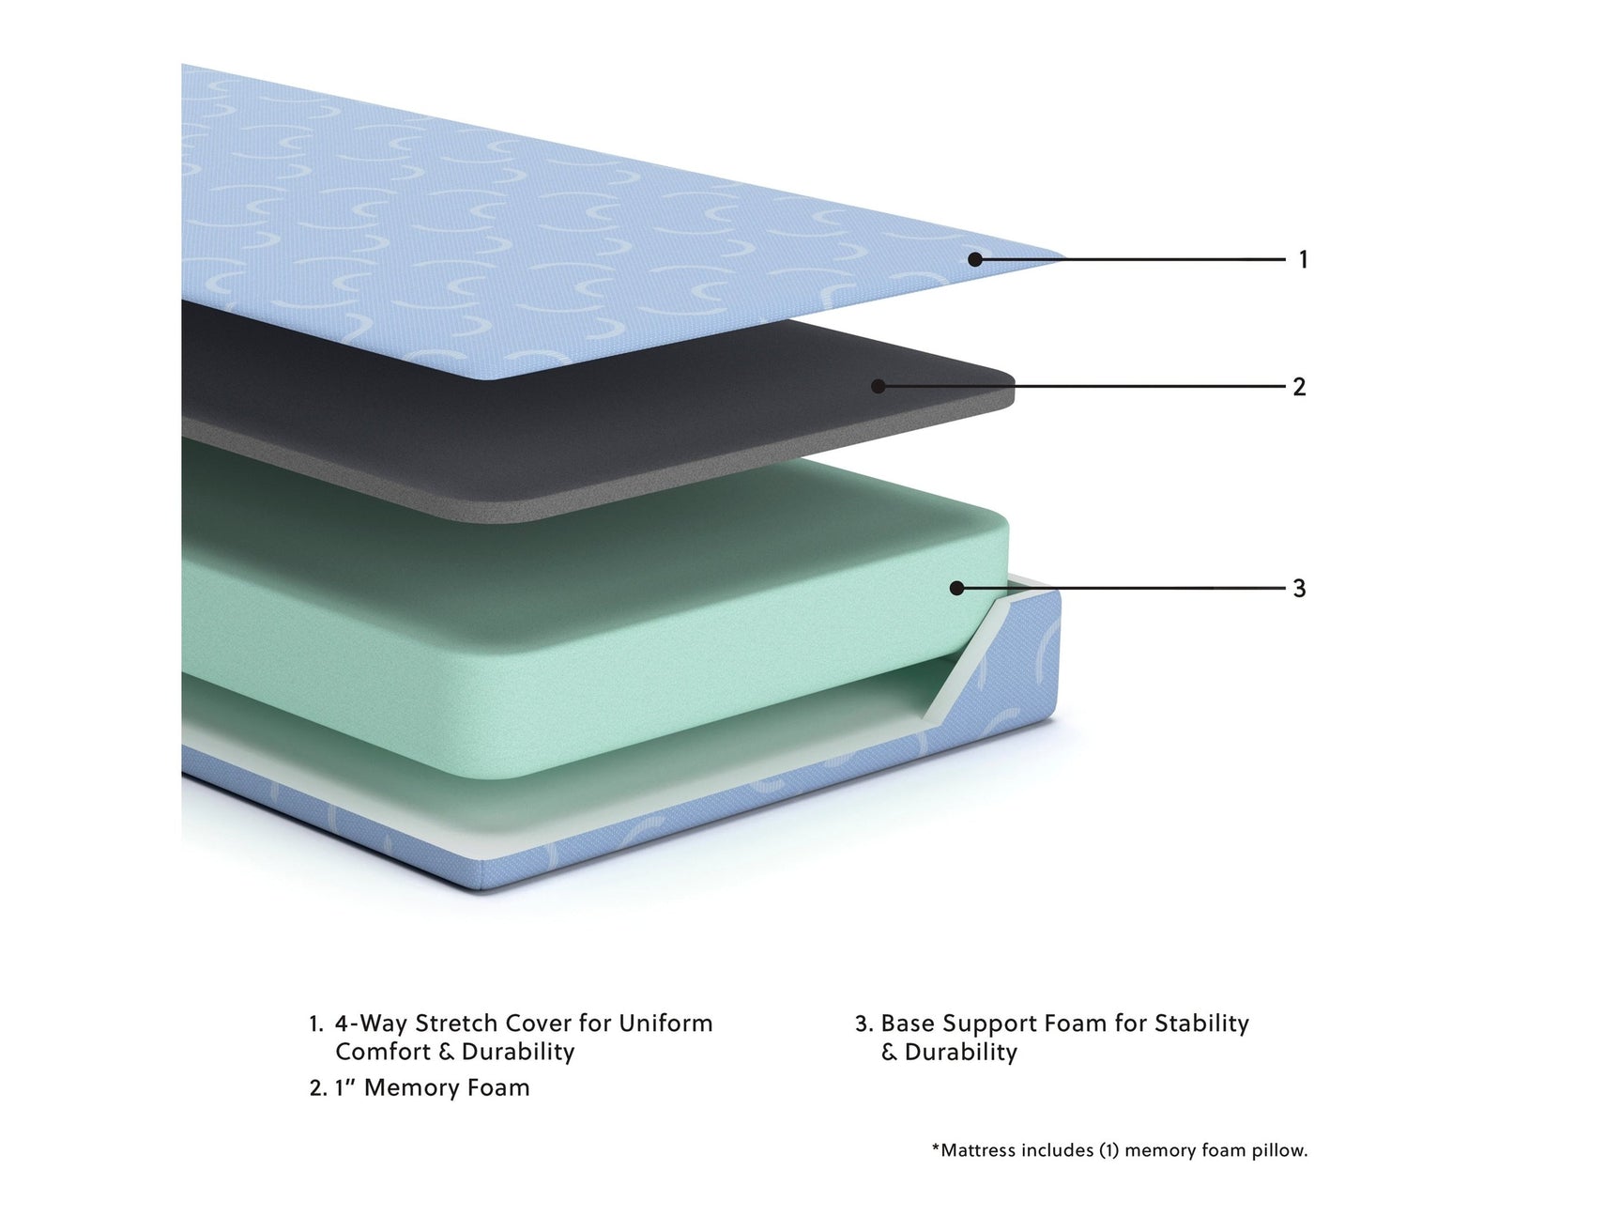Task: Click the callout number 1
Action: tap(1303, 259)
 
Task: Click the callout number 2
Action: tap(1299, 386)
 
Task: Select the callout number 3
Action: tap(1299, 588)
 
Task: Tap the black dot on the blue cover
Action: tap(975, 259)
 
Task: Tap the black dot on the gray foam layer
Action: tap(879, 386)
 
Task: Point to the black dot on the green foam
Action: tap(956, 588)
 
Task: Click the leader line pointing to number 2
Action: tap(1082, 386)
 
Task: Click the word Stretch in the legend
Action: tap(456, 1023)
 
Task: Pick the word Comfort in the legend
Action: tap(383, 1052)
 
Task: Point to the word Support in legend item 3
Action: tap(986, 1024)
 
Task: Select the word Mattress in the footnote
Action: tap(979, 1150)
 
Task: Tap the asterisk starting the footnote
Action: tap(936, 1147)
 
